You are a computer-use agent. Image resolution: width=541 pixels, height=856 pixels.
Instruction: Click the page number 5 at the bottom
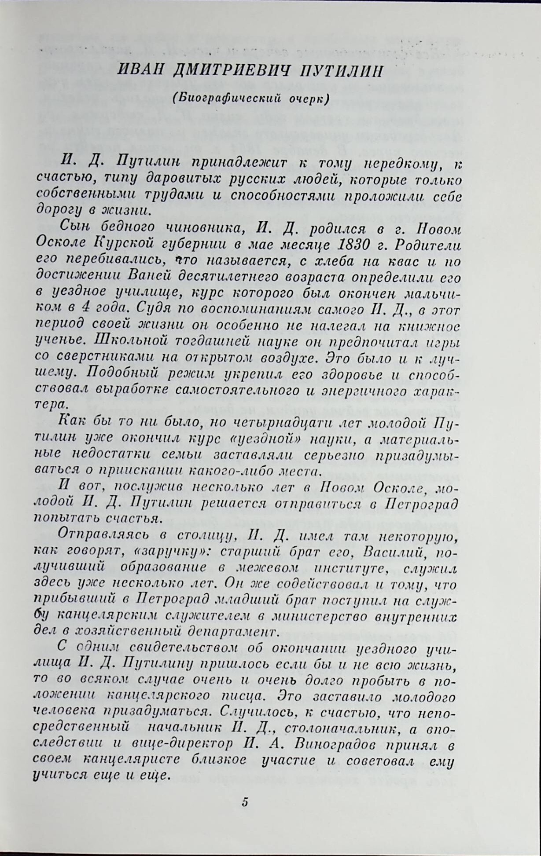pyautogui.click(x=245, y=801)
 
